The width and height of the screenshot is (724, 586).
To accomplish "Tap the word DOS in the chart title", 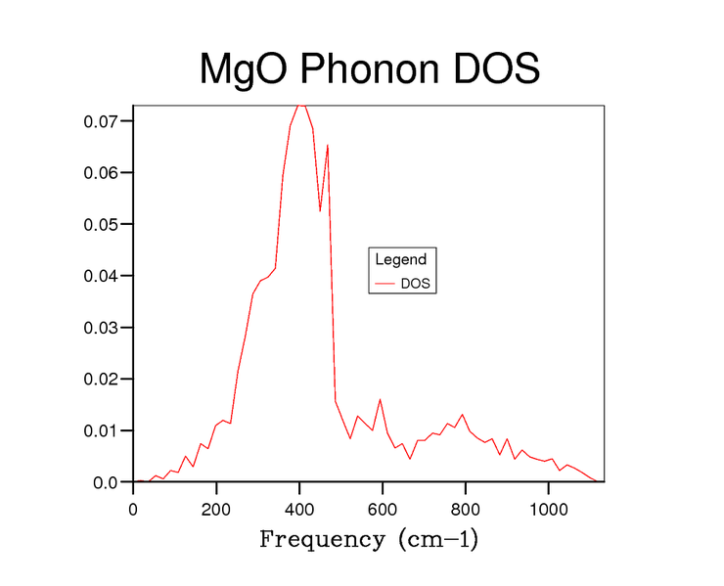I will tap(497, 70).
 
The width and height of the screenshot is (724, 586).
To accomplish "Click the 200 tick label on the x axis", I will tap(216, 508).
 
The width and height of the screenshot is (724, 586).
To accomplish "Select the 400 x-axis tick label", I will tap(299, 508).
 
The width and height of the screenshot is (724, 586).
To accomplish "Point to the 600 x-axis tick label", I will tap(383, 508).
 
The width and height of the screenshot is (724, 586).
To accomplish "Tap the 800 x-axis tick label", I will tap(466, 508).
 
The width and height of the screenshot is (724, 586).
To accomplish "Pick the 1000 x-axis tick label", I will tap(549, 508).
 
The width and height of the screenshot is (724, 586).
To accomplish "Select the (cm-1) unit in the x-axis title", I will tap(437, 539).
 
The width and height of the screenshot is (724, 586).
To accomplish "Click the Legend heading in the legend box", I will tap(400, 259).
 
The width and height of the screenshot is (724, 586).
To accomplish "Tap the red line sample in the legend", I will tap(383, 284).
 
